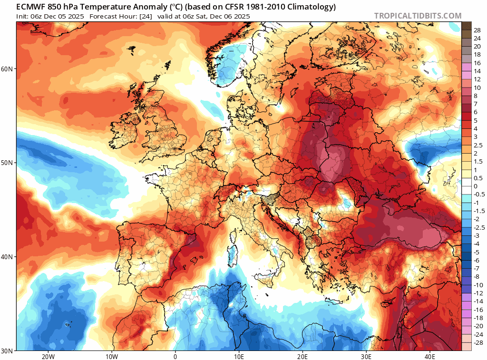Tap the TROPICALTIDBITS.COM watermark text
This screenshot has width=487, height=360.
point(418,16)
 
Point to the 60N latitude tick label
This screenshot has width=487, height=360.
point(8,69)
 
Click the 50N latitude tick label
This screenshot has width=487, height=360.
point(8,163)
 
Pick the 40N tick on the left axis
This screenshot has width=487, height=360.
point(8,257)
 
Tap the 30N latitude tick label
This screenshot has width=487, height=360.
point(8,350)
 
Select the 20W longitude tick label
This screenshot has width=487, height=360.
point(48,356)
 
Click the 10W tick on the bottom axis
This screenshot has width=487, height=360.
point(111,356)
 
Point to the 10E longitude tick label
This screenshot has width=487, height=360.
point(239,356)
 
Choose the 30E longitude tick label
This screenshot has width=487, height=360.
point(366,356)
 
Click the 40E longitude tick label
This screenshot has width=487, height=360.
point(429,356)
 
